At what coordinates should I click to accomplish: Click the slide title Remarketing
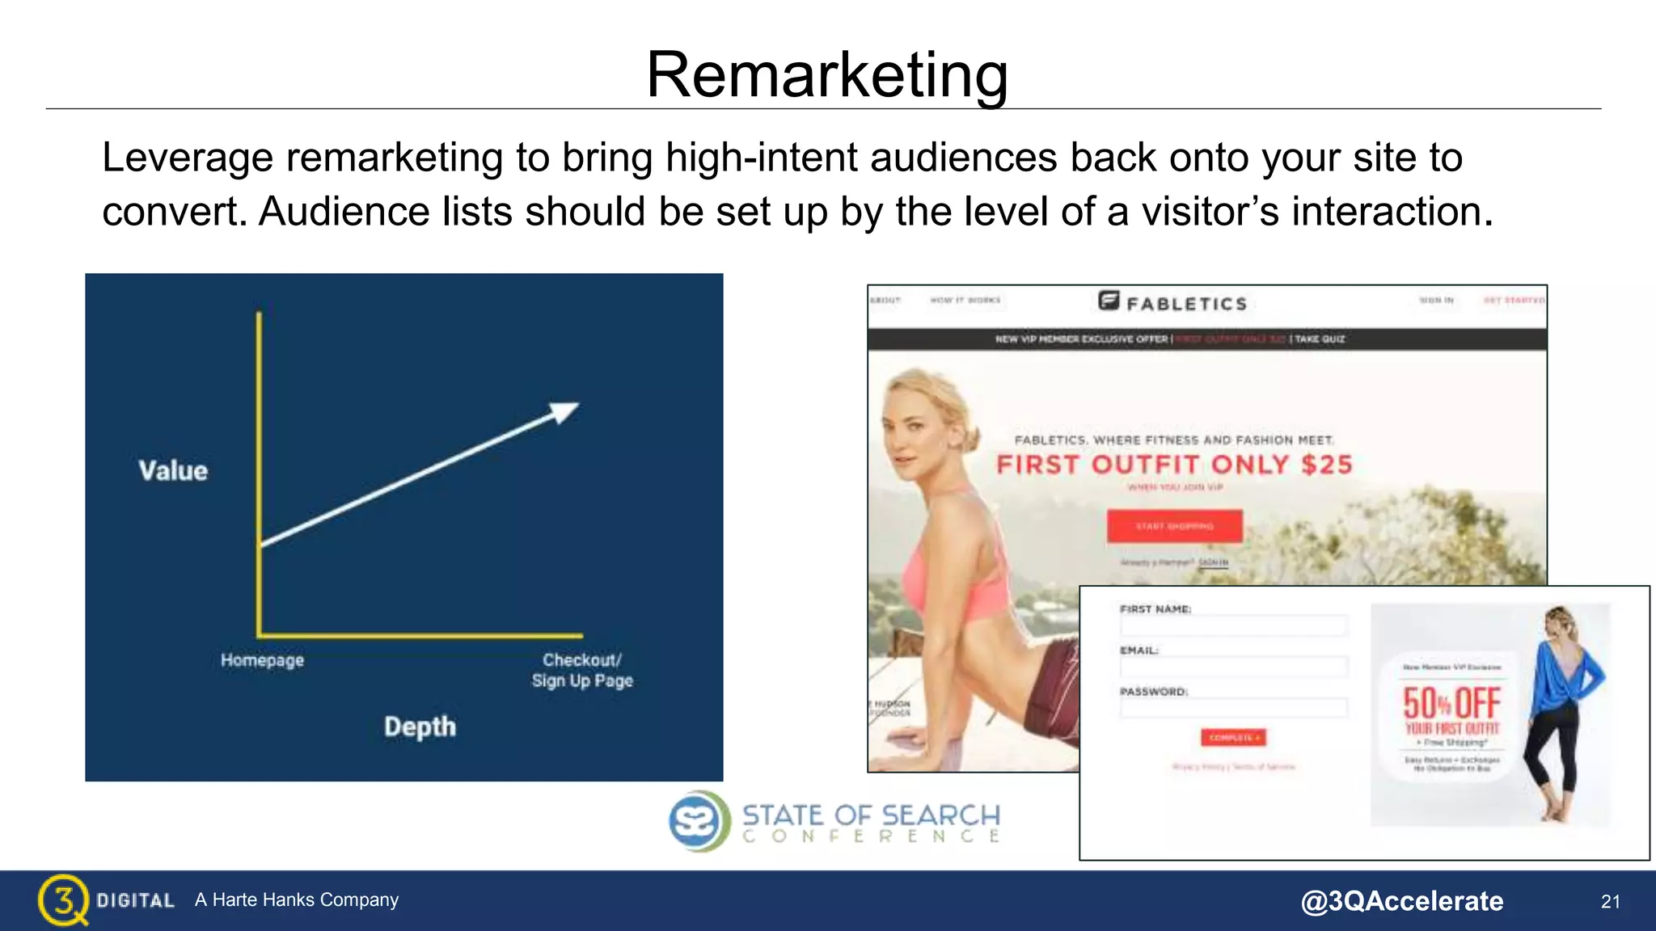826,74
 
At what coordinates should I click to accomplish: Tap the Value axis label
173,470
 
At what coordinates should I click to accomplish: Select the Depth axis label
420,727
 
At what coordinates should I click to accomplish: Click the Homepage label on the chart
262,660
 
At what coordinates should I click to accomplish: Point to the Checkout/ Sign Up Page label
582,670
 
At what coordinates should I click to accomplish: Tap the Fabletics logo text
1185,304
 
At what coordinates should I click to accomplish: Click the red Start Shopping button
1174,526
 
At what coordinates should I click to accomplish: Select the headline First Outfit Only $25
1174,465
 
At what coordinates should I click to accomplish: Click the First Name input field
1233,625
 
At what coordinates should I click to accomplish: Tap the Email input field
1233,667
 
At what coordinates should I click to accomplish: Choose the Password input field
1233,708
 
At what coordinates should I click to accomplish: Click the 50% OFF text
1451,703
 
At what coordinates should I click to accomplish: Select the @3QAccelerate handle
1401,901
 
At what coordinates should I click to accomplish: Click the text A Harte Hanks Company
297,899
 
